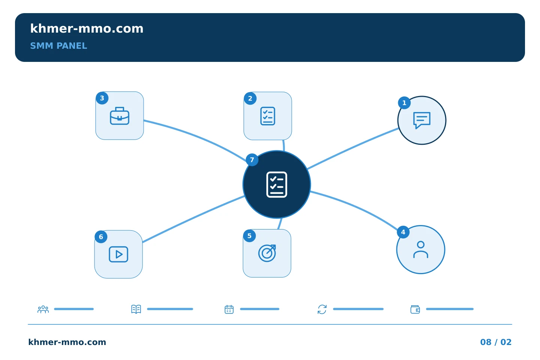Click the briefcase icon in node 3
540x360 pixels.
point(120,116)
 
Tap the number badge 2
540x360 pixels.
point(250,98)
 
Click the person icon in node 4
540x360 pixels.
point(421,250)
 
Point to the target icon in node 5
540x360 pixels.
point(267,253)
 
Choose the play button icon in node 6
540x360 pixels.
point(118,254)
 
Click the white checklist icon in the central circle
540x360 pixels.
point(277,184)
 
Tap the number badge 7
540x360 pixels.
point(252,160)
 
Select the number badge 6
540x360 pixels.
point(101,237)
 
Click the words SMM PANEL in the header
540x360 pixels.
point(58,46)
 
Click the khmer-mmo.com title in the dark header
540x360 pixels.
point(87,28)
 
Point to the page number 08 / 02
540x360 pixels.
point(496,342)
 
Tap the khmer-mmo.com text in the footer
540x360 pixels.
point(67,342)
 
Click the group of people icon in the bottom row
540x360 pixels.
point(43,309)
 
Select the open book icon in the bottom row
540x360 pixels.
point(136,309)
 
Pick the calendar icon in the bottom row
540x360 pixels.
point(229,309)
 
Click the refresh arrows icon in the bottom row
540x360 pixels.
point(322,309)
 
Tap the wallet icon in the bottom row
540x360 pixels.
point(415,309)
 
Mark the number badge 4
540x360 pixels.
point(403,232)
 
